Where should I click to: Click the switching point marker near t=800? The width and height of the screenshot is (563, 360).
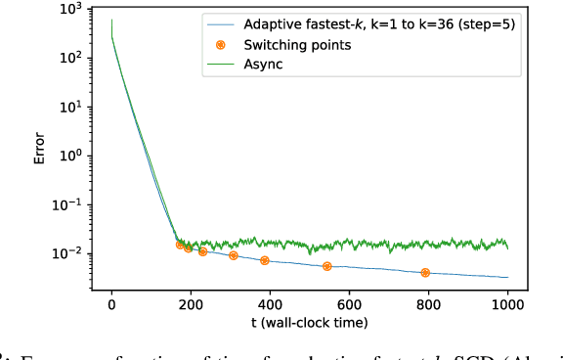[425, 273]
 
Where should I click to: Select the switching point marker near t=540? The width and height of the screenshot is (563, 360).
[326, 266]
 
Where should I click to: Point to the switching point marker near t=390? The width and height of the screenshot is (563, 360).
[265, 260]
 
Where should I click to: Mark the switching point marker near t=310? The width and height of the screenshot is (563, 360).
[233, 255]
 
